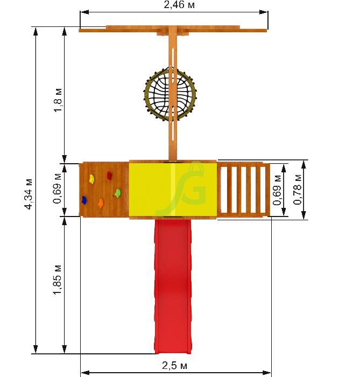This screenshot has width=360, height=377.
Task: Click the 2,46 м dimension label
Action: [179, 4]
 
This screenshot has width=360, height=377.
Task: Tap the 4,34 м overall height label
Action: [29, 194]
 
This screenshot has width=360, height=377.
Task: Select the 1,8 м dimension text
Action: [58, 101]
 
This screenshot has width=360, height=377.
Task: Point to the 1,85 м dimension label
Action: [58, 280]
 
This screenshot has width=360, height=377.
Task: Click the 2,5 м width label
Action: [174, 366]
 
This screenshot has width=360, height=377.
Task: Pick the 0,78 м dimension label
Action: [298, 190]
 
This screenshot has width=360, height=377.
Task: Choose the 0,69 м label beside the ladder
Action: [277, 190]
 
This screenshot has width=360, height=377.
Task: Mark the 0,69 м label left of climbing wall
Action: [57, 188]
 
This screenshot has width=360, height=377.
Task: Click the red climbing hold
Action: [109, 176]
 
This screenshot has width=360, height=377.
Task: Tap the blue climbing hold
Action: [84, 200]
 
